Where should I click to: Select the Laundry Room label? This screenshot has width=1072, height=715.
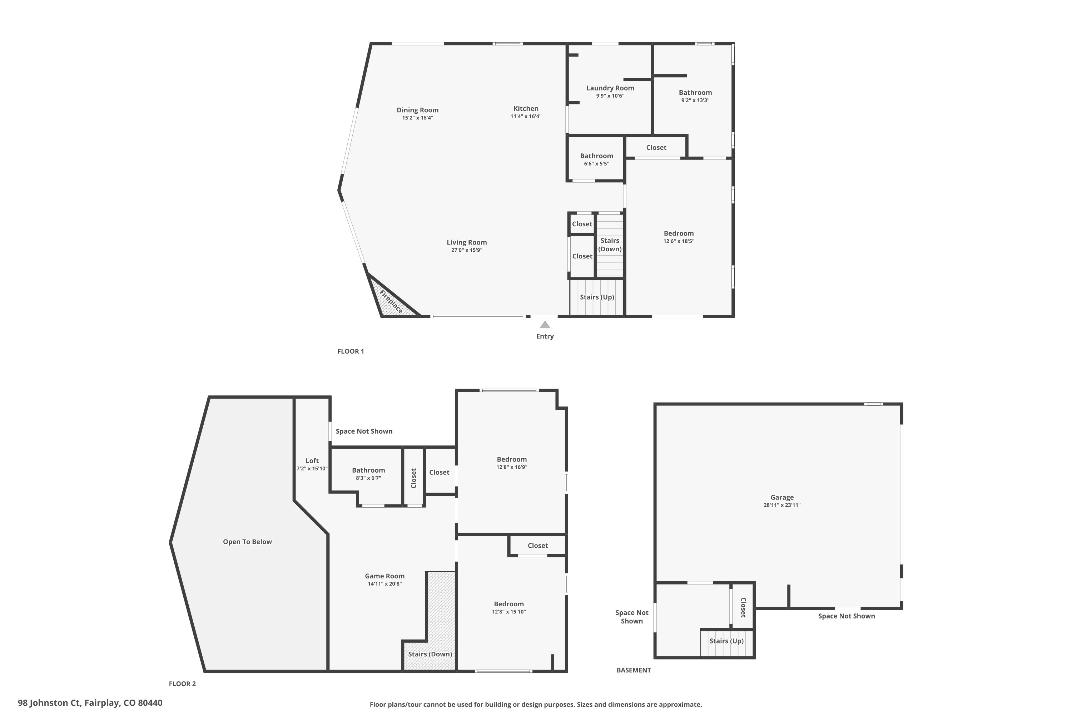[610, 88]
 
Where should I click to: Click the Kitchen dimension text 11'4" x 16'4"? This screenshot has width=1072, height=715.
[526, 116]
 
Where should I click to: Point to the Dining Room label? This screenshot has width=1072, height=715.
[417, 110]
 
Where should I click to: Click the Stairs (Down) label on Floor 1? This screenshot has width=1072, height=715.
[610, 245]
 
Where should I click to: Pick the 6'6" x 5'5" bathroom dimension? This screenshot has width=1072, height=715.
[597, 164]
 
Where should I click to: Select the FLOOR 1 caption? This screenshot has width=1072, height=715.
[351, 351]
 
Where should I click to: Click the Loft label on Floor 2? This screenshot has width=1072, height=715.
[312, 460]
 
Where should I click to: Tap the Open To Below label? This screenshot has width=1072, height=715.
[248, 542]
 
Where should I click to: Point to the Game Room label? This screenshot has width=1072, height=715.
[385, 576]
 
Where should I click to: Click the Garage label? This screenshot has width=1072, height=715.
[782, 498]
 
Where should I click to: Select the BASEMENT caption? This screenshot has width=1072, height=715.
[634, 670]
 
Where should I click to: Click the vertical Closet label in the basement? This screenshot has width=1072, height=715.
[743, 607]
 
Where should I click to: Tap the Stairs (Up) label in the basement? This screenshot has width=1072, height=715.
[726, 641]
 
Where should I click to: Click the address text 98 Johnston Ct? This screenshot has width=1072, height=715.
[50, 703]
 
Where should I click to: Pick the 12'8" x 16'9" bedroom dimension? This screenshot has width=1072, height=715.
[512, 467]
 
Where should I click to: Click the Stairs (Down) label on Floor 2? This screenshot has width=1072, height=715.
[430, 654]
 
